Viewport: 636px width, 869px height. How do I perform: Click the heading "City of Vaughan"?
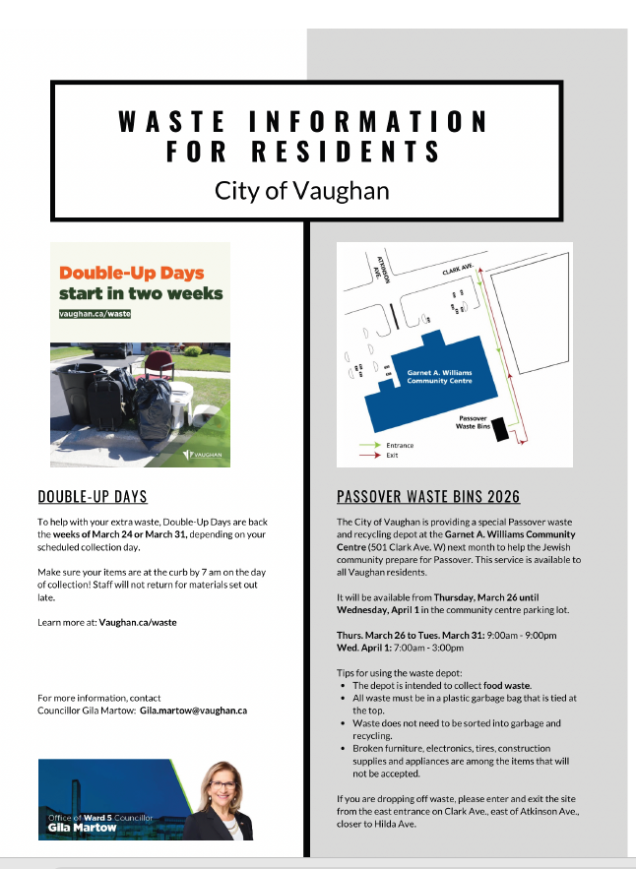[x=301, y=190]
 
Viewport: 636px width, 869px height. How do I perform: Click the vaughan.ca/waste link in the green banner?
[x=95, y=314]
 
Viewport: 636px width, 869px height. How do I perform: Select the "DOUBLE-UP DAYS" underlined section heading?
[x=93, y=496]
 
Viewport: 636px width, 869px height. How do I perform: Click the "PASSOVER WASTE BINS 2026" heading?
[x=428, y=496]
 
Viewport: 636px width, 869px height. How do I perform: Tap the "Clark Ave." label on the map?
[x=458, y=269]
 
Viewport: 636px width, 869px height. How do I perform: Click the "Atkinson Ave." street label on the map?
[x=384, y=269]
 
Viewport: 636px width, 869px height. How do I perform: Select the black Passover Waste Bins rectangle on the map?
[x=500, y=429]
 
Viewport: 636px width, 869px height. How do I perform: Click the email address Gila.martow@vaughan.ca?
[x=193, y=710]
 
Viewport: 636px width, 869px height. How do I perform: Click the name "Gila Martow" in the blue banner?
[x=84, y=828]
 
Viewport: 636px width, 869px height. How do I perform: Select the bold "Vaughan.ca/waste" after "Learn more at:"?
[x=138, y=622]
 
